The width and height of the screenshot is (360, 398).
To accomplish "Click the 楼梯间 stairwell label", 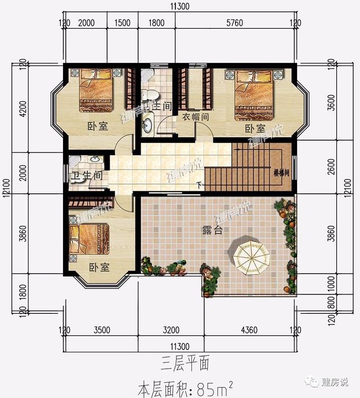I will click(281, 173).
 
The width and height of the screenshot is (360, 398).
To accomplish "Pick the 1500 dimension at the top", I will click(123, 23).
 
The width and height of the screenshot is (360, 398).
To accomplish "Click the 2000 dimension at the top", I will click(86, 23).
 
